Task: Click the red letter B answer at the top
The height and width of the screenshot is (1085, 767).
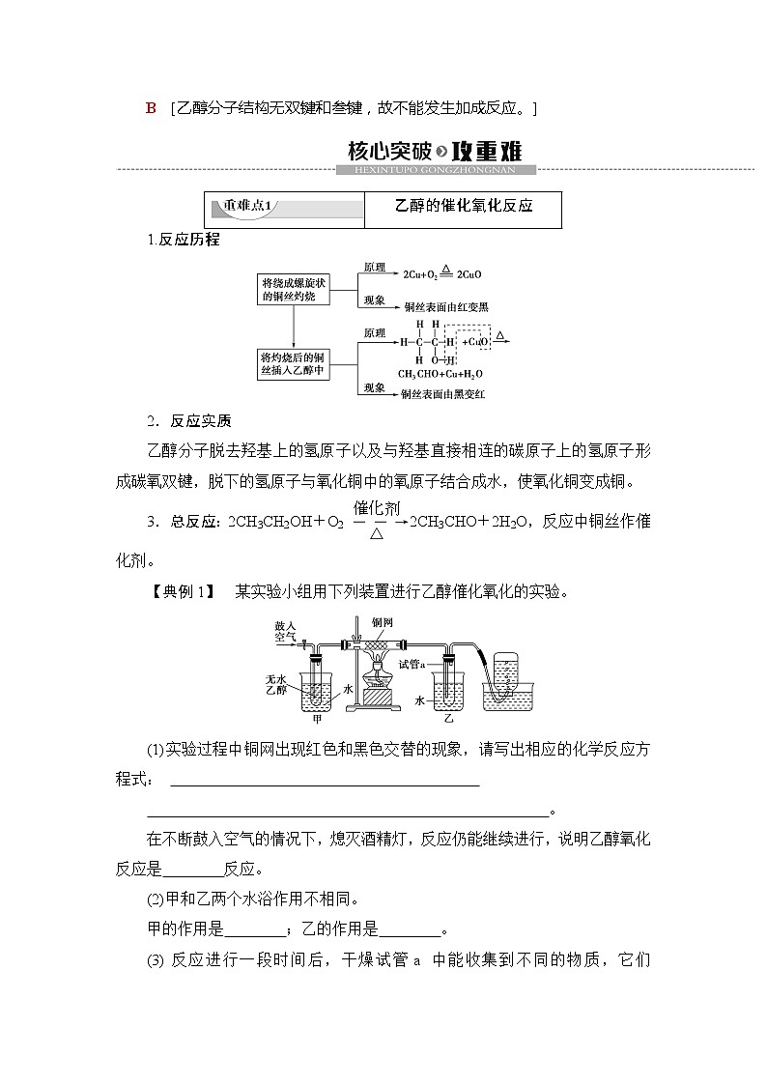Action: pos(151,108)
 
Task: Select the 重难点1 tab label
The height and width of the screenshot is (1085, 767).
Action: pos(249,206)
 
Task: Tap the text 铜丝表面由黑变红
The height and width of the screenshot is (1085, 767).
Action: pos(445,394)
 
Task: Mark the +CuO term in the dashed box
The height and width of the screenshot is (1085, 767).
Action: pos(475,341)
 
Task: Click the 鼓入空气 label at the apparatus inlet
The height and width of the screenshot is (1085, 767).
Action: pos(285,632)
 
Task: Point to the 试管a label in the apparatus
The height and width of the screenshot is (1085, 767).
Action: pos(414,663)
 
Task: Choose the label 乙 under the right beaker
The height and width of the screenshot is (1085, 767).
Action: pos(448,719)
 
